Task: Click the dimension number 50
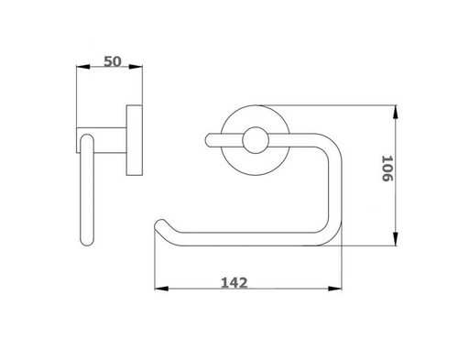[x=114, y=61]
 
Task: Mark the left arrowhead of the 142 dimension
[x=156, y=290]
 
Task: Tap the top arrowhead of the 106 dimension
[x=397, y=111]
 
